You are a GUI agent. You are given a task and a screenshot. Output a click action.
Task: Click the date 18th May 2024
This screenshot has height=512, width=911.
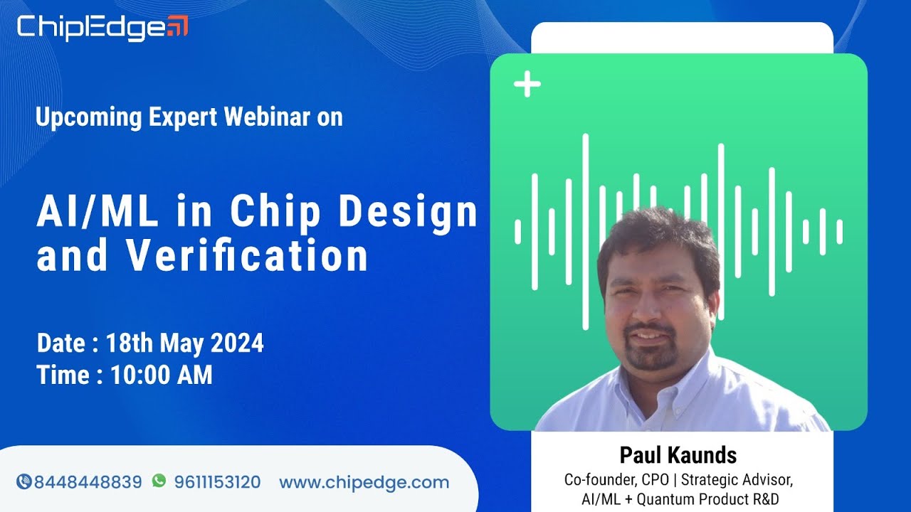185,343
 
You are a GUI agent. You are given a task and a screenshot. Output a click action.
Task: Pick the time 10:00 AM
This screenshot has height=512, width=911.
162,375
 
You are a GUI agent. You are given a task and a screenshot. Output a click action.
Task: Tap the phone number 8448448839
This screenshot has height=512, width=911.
88,482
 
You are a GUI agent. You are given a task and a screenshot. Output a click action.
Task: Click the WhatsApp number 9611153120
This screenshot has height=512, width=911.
217,482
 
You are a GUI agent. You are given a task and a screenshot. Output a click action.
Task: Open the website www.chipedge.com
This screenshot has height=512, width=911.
364,482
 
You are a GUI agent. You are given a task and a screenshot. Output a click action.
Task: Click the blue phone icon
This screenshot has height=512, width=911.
23,482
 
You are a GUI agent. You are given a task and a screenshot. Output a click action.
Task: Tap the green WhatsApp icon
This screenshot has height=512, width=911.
159,481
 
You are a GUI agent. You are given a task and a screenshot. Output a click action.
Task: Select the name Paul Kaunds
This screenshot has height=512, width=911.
678,454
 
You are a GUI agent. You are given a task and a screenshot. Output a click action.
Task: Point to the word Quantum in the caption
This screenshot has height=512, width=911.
666,499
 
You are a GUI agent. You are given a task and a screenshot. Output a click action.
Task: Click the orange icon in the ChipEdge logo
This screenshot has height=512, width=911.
177,26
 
